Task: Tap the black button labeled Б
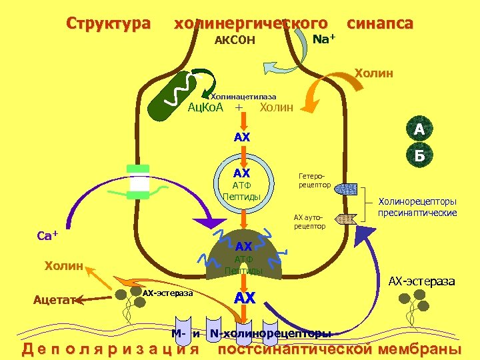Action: click(419, 156)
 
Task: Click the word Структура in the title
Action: click(108, 23)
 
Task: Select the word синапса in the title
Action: click(380, 23)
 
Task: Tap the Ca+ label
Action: click(47, 235)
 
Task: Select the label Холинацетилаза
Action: click(243, 97)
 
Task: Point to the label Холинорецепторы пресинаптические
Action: click(417, 207)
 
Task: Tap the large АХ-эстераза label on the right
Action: click(422, 281)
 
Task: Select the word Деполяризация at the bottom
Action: click(111, 349)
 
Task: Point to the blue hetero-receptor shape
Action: click(345, 189)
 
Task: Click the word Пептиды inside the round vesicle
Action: click(243, 197)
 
